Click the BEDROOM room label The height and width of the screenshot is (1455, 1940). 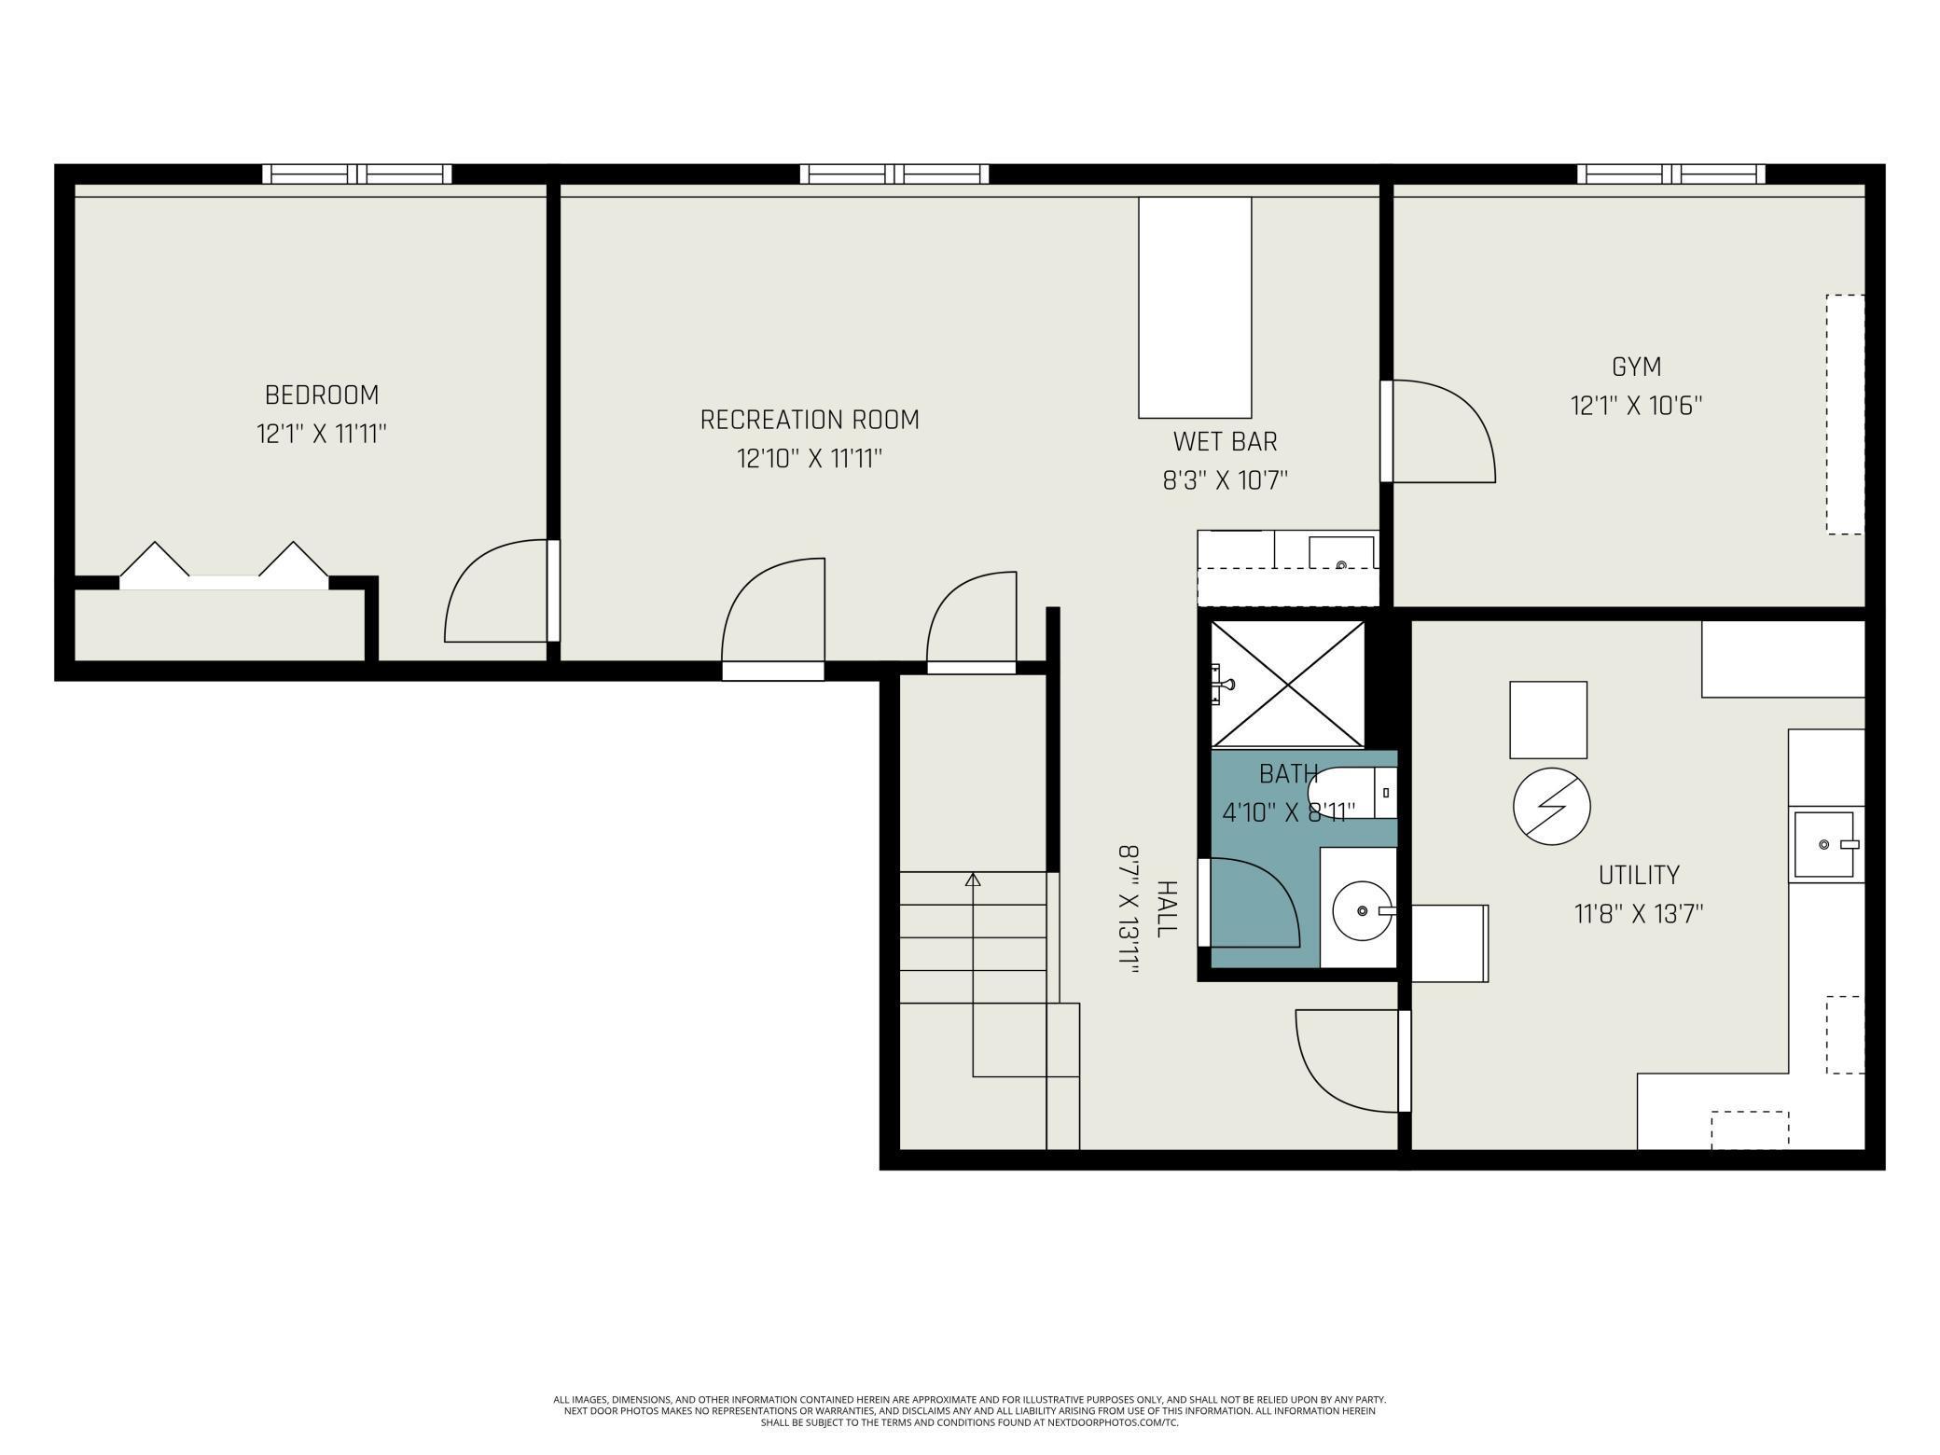[x=322, y=395]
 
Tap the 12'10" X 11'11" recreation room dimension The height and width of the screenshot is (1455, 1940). [x=810, y=459]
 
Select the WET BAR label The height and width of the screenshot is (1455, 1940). [x=1225, y=441]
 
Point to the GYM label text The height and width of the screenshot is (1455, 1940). [x=1637, y=367]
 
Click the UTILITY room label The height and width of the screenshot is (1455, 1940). [x=1639, y=875]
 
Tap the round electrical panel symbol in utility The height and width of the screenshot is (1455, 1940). [x=1551, y=807]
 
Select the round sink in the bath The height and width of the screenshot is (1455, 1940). [x=1362, y=910]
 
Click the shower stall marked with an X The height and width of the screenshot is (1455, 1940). [x=1287, y=684]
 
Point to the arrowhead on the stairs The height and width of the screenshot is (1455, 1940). [x=973, y=879]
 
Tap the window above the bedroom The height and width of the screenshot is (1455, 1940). [x=356, y=173]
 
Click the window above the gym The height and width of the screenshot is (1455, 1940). [x=1670, y=173]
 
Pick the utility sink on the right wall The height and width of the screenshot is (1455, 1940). [x=1824, y=844]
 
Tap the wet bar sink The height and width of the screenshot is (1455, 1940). [x=1341, y=553]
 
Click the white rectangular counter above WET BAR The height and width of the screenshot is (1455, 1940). [x=1195, y=307]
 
